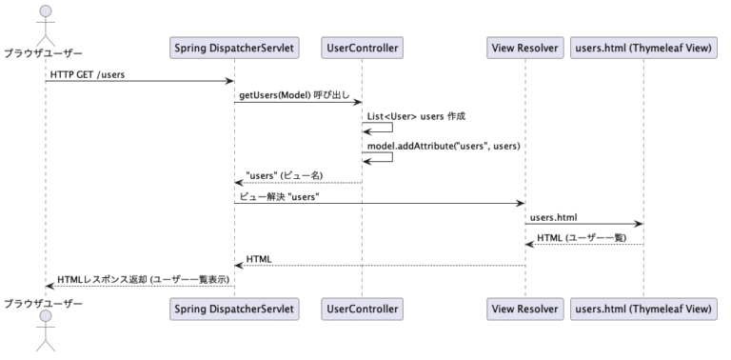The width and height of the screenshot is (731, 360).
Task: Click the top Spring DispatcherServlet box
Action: tap(234, 48)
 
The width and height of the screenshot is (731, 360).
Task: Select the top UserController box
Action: tap(362, 48)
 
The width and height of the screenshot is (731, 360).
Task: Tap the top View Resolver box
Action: tap(524, 48)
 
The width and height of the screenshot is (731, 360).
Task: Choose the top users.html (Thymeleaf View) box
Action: tap(643, 48)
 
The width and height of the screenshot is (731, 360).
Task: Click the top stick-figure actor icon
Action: tap(44, 19)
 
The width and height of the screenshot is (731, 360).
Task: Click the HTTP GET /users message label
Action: tap(89, 72)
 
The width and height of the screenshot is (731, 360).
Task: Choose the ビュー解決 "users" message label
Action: tap(279, 196)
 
